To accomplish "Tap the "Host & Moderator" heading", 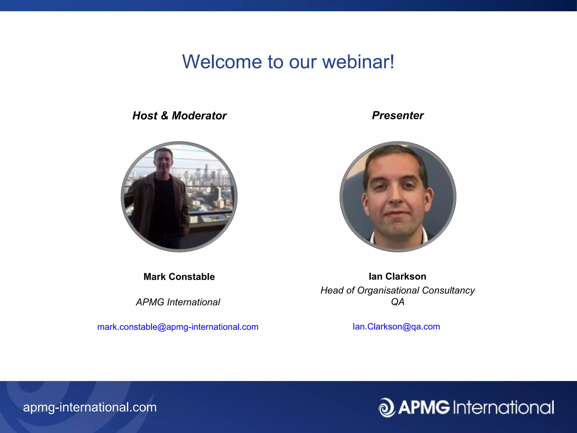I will click(x=179, y=116).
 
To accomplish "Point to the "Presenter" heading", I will click(x=398, y=115).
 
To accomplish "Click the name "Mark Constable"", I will click(x=179, y=277).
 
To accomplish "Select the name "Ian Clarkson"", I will click(x=397, y=276).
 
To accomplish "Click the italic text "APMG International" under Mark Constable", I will click(x=178, y=302).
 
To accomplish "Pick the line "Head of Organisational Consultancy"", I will click(x=397, y=290).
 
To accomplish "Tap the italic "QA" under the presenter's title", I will click(x=398, y=302).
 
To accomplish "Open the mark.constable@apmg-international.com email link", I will click(x=178, y=327).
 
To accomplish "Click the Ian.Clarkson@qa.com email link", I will click(x=396, y=326).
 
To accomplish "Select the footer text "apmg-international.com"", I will click(x=90, y=407).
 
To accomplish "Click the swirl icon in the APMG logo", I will click(x=387, y=407).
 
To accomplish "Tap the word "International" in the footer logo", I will click(x=503, y=408).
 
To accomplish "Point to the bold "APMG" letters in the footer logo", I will click(x=424, y=408).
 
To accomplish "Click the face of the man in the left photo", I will click(x=163, y=162).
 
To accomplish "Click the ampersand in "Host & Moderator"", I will click(x=165, y=116).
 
